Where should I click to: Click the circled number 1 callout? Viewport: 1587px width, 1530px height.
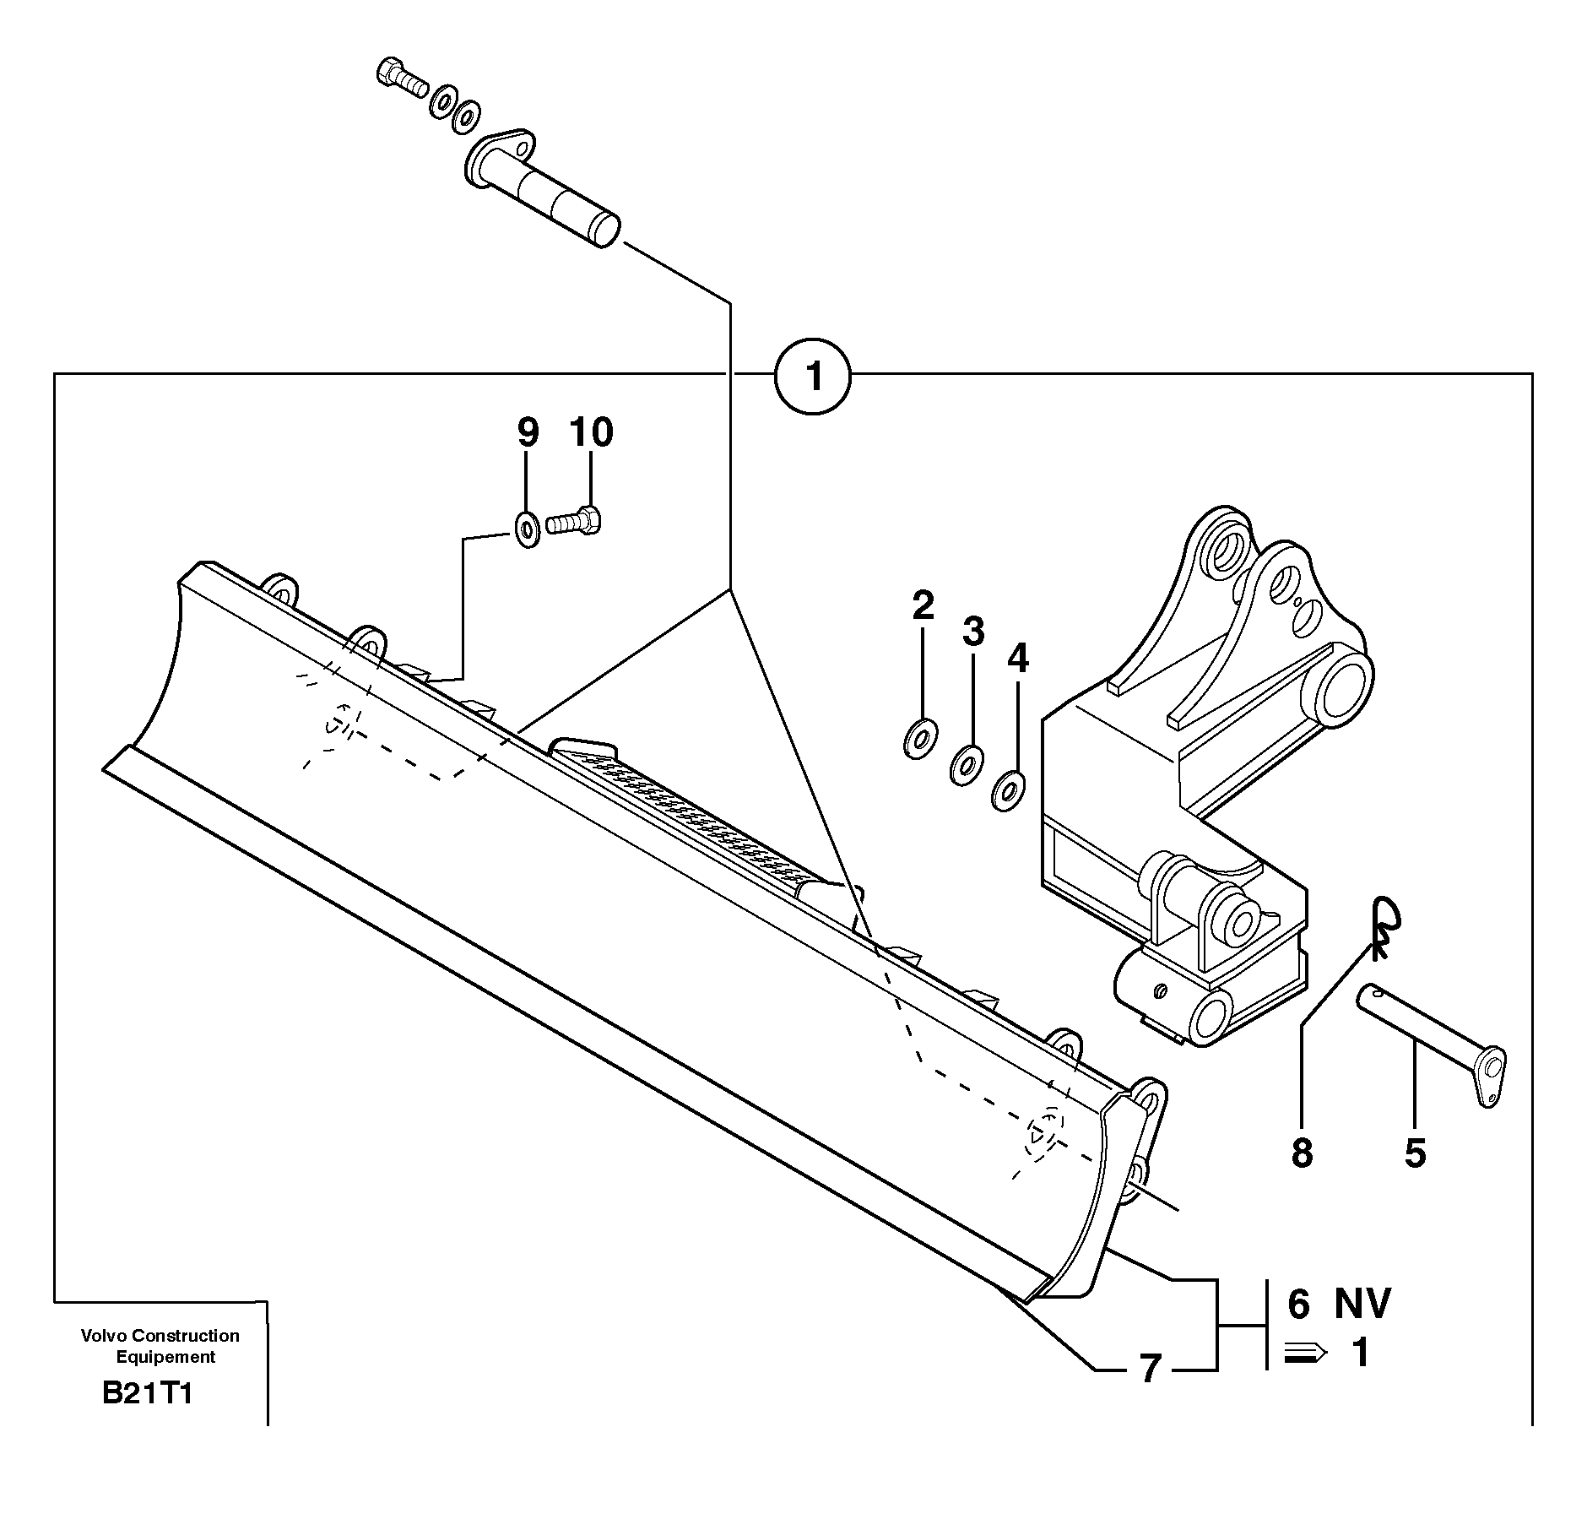point(813,377)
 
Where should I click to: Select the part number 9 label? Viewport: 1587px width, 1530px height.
point(527,432)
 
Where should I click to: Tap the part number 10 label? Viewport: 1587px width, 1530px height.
point(591,432)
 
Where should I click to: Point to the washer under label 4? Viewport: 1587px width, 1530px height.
point(1008,790)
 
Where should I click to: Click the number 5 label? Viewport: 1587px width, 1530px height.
point(1416,1153)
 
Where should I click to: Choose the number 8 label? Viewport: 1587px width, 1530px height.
point(1302,1153)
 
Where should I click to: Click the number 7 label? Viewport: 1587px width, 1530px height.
point(1150,1369)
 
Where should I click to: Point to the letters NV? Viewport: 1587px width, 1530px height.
point(1362,1304)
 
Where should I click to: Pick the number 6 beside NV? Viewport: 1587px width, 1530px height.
point(1298,1304)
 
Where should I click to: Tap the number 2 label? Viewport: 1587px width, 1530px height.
point(923,605)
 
